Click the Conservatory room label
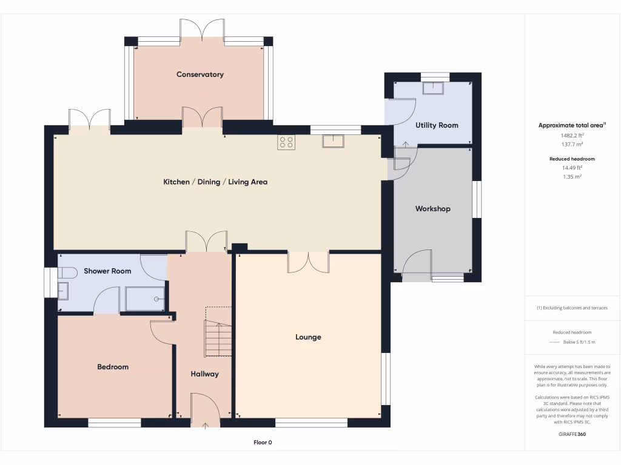(x=200, y=74)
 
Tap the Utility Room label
(x=437, y=125)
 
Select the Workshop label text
(x=433, y=209)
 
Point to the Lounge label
(x=308, y=337)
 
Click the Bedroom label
(x=113, y=367)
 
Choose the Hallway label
(x=204, y=374)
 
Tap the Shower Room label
(x=107, y=271)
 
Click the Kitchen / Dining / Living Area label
(x=215, y=182)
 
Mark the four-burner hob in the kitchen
(x=286, y=142)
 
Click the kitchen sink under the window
(x=334, y=141)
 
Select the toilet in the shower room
(x=65, y=274)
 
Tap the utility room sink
(x=434, y=87)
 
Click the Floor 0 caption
(x=263, y=443)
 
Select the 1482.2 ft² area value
(x=572, y=136)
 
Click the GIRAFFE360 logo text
(x=572, y=434)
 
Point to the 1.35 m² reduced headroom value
(x=572, y=176)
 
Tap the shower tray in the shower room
(x=146, y=298)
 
